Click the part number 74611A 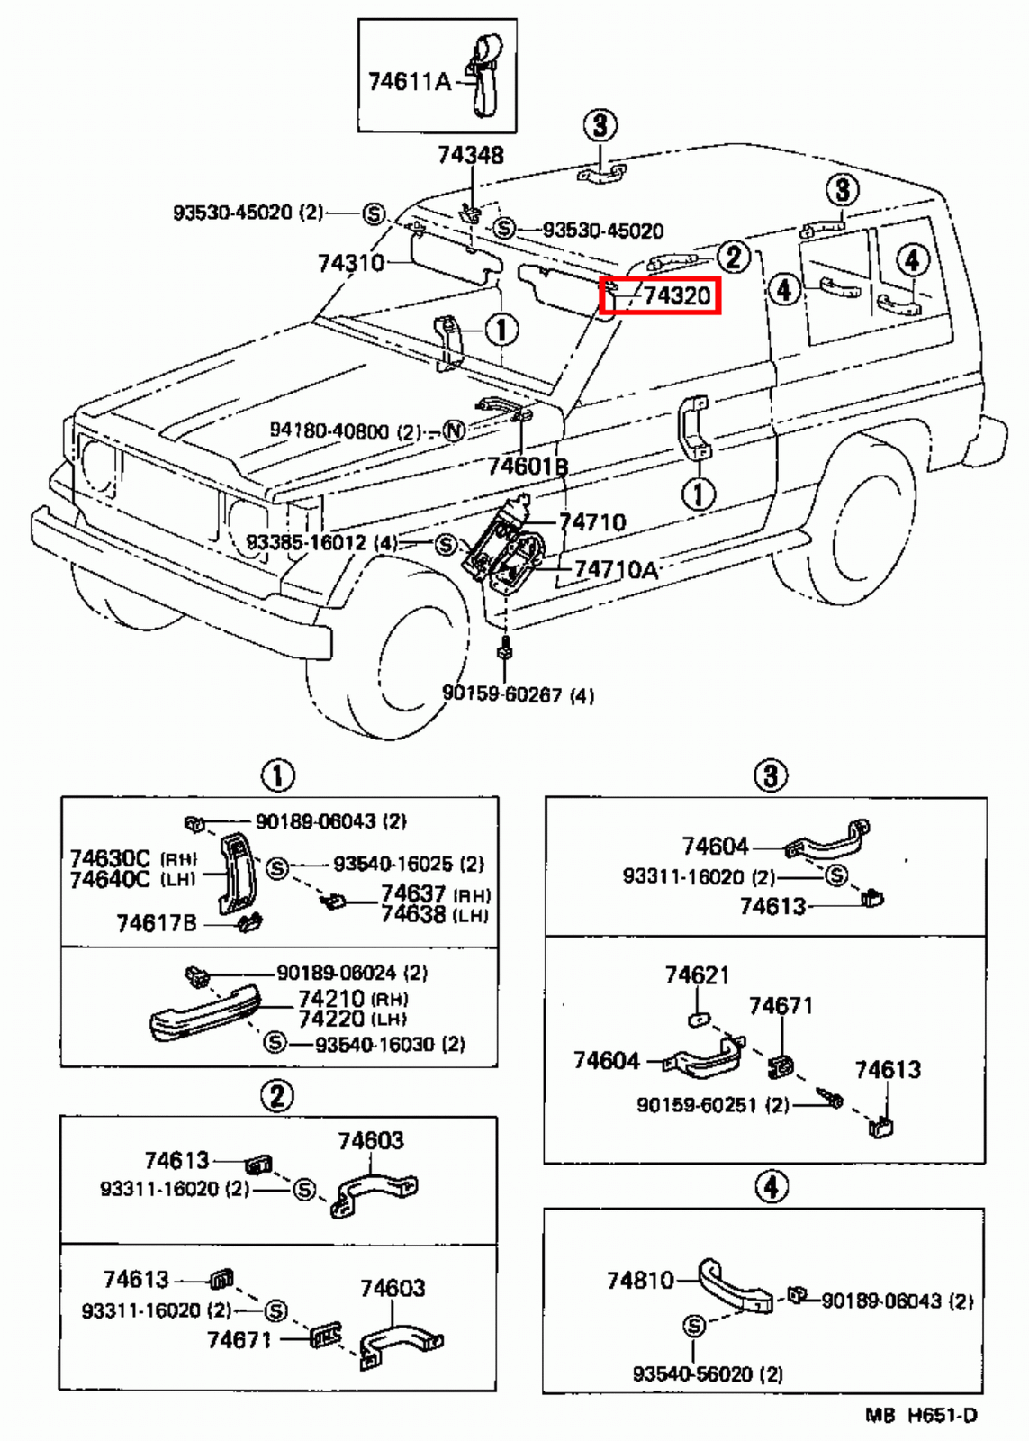point(408,82)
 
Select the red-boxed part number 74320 point(676,295)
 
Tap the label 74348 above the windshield point(470,155)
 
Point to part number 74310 point(350,263)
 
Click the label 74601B point(528,467)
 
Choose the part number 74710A point(616,569)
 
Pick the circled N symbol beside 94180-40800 point(455,431)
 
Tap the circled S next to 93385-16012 point(445,544)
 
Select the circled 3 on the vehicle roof point(600,125)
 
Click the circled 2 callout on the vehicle point(733,258)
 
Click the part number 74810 point(639,1280)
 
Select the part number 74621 point(697,975)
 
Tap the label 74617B point(156,922)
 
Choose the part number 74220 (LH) point(331,1019)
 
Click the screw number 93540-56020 point(695,1373)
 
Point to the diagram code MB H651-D point(920,1415)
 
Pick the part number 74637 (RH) point(412,893)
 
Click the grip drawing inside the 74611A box point(484,72)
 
